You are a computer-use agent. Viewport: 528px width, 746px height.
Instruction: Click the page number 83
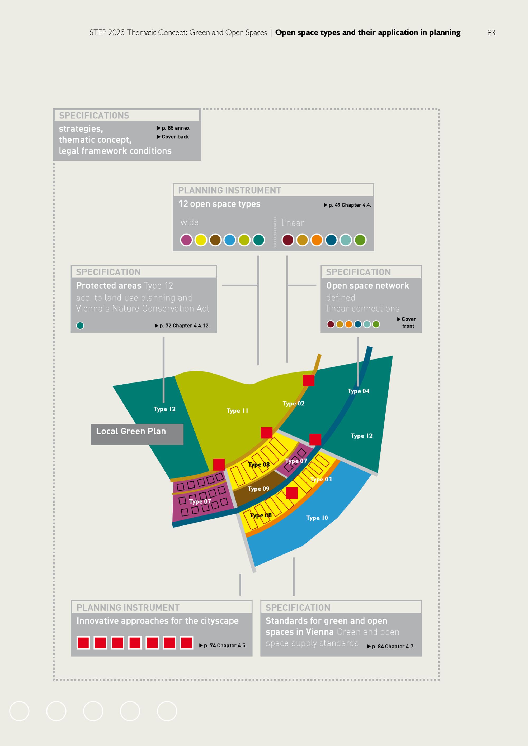click(491, 32)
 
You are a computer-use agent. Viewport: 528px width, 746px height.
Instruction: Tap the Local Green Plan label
click(131, 431)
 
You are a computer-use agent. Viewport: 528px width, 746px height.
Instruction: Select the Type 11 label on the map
click(237, 411)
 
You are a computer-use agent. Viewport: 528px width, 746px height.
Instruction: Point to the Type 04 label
click(358, 391)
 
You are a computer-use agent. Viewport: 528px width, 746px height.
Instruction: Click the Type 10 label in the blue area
click(317, 518)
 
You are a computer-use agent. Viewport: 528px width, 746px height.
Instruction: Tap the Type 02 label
click(294, 404)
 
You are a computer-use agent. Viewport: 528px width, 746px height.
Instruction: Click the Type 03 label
click(321, 479)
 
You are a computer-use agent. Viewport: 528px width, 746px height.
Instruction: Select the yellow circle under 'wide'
click(201, 240)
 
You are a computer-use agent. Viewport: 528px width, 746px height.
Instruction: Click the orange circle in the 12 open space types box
click(317, 240)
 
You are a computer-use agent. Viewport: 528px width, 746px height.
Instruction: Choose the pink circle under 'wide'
click(186, 240)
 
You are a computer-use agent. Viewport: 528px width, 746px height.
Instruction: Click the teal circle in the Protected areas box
click(80, 326)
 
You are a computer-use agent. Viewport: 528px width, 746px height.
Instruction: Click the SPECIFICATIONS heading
click(94, 115)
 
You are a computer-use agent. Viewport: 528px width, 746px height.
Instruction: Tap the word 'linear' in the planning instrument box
click(293, 223)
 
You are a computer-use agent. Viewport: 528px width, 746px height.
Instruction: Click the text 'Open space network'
click(368, 286)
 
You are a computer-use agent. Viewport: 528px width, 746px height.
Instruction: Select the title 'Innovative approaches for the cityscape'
click(157, 621)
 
